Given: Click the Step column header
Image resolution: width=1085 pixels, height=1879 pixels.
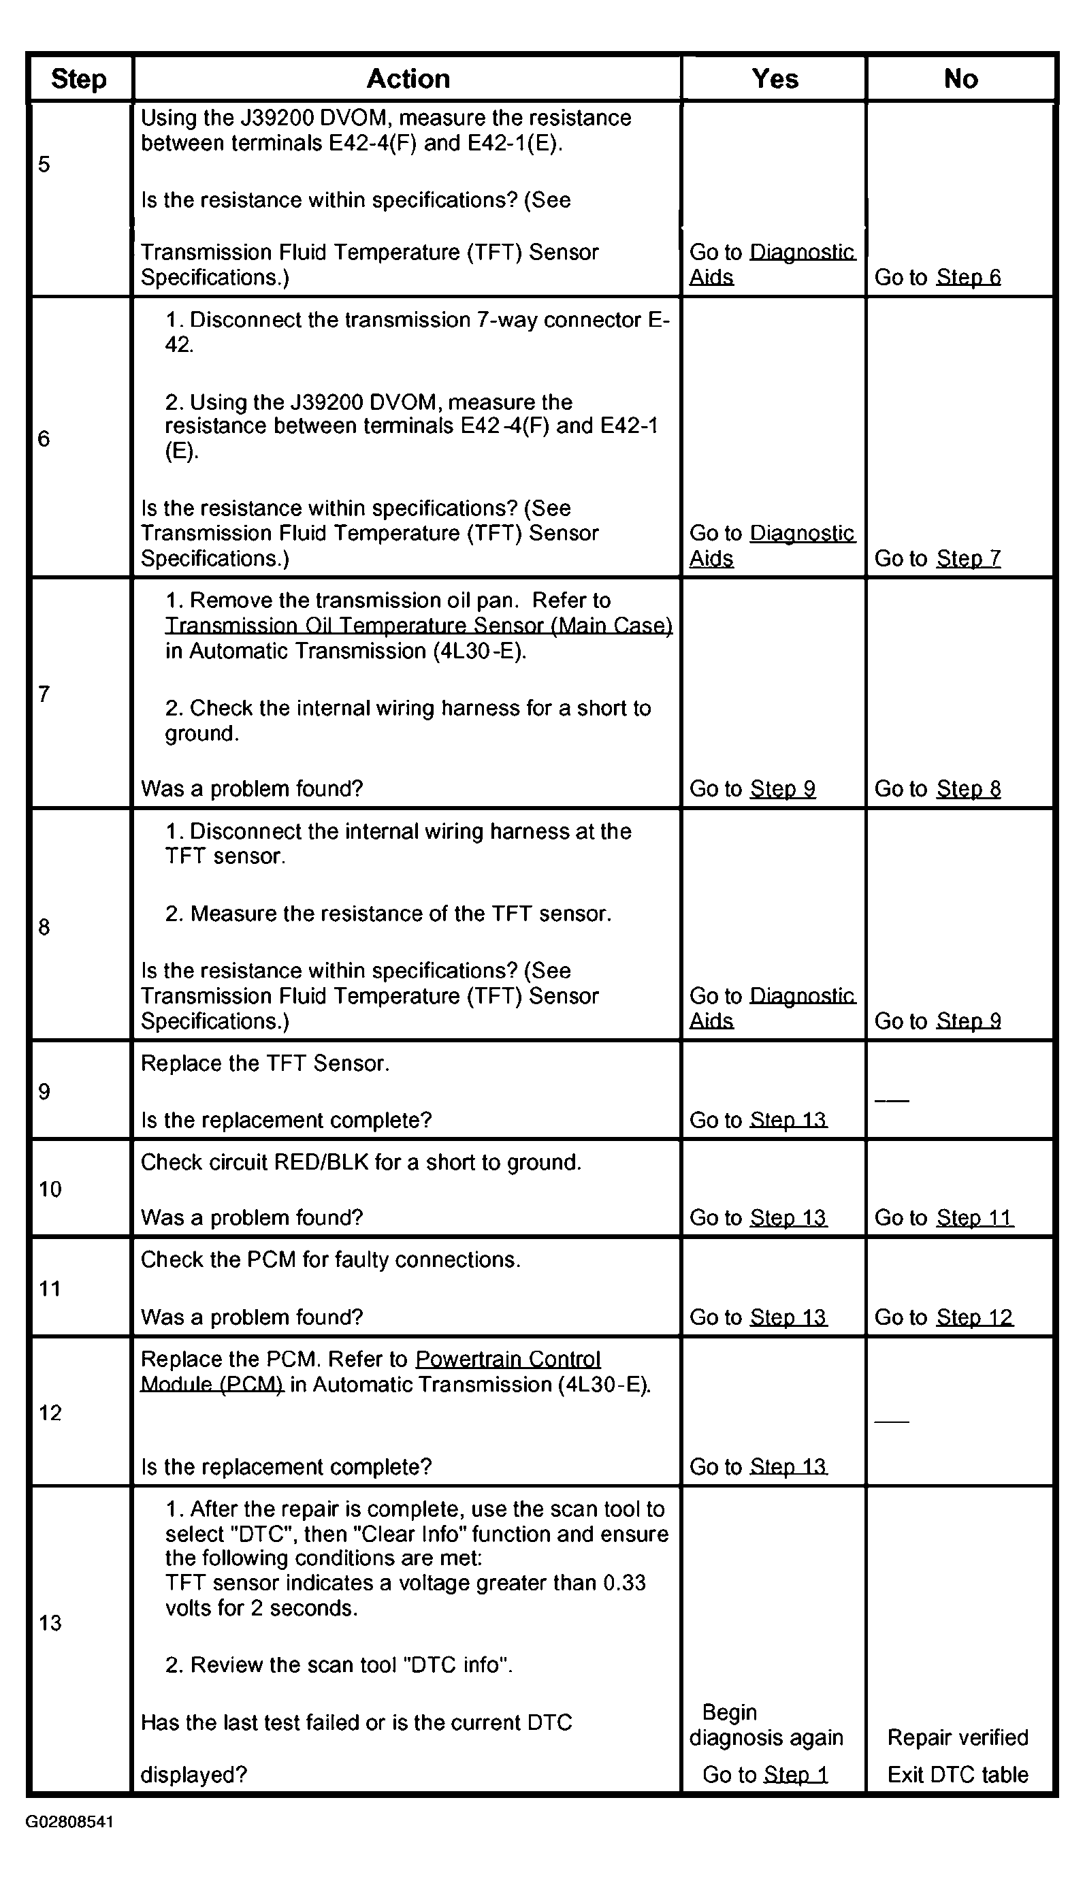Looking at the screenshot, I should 78,79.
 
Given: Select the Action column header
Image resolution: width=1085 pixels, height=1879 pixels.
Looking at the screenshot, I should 408,79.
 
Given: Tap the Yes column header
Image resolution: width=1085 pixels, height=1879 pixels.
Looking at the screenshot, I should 774,79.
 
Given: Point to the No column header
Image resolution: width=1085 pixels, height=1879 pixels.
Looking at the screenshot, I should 960,79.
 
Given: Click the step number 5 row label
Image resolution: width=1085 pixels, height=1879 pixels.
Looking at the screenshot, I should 45,164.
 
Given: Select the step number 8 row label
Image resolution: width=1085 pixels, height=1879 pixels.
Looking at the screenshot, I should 45,927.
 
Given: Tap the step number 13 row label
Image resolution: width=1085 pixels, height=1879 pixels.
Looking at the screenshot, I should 50,1622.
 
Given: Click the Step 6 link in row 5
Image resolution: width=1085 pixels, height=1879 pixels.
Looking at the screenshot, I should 968,277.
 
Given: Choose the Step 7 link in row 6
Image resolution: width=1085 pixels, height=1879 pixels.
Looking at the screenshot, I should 968,558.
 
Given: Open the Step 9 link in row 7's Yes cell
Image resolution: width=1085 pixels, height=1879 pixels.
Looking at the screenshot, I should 783,788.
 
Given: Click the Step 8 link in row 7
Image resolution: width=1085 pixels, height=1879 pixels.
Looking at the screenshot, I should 968,788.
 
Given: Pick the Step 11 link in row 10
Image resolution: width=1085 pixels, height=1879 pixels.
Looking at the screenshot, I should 974,1217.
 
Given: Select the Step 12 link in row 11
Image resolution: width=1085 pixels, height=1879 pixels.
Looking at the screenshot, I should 974,1317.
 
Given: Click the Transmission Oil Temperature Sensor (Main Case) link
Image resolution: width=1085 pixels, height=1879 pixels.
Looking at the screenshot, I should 419,626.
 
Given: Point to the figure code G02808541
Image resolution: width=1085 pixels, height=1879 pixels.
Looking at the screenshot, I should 69,1822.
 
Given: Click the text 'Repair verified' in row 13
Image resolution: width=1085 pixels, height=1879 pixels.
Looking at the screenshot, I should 958,1737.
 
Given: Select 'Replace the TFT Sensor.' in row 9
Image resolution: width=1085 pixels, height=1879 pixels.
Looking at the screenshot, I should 265,1063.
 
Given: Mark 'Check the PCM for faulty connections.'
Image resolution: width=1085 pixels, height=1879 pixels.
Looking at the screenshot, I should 330,1259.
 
